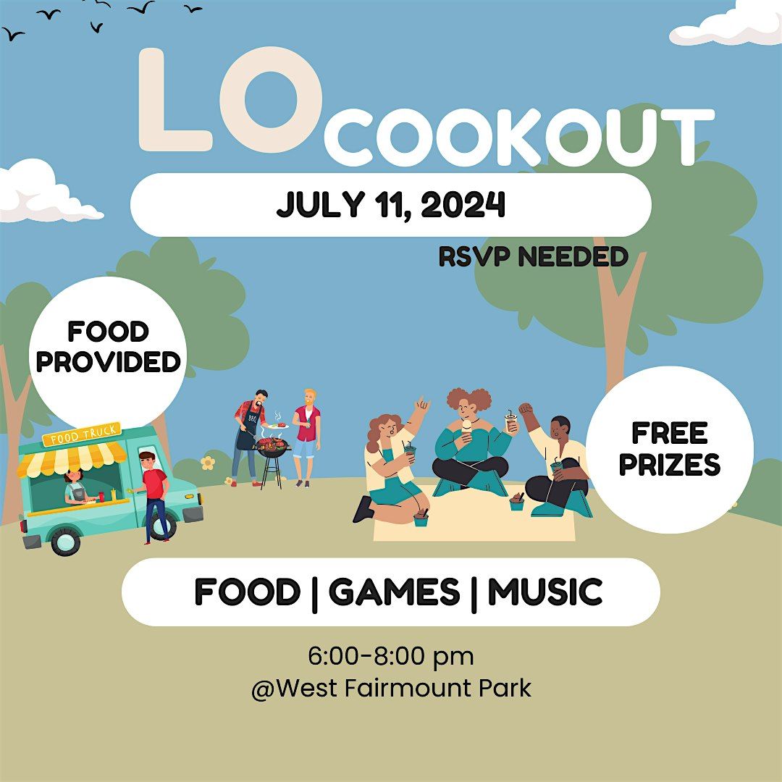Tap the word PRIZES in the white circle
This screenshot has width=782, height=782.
pos(670,465)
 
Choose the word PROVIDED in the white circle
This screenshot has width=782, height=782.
pos(109,361)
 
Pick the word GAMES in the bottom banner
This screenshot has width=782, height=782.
pos(394,592)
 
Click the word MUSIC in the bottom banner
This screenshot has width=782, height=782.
pos(545,592)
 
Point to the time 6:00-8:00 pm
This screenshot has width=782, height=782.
pos(391,657)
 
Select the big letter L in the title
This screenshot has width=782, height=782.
pos(174,101)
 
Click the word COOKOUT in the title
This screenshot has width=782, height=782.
pos(518,138)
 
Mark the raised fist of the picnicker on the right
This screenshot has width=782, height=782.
pos(525,410)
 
